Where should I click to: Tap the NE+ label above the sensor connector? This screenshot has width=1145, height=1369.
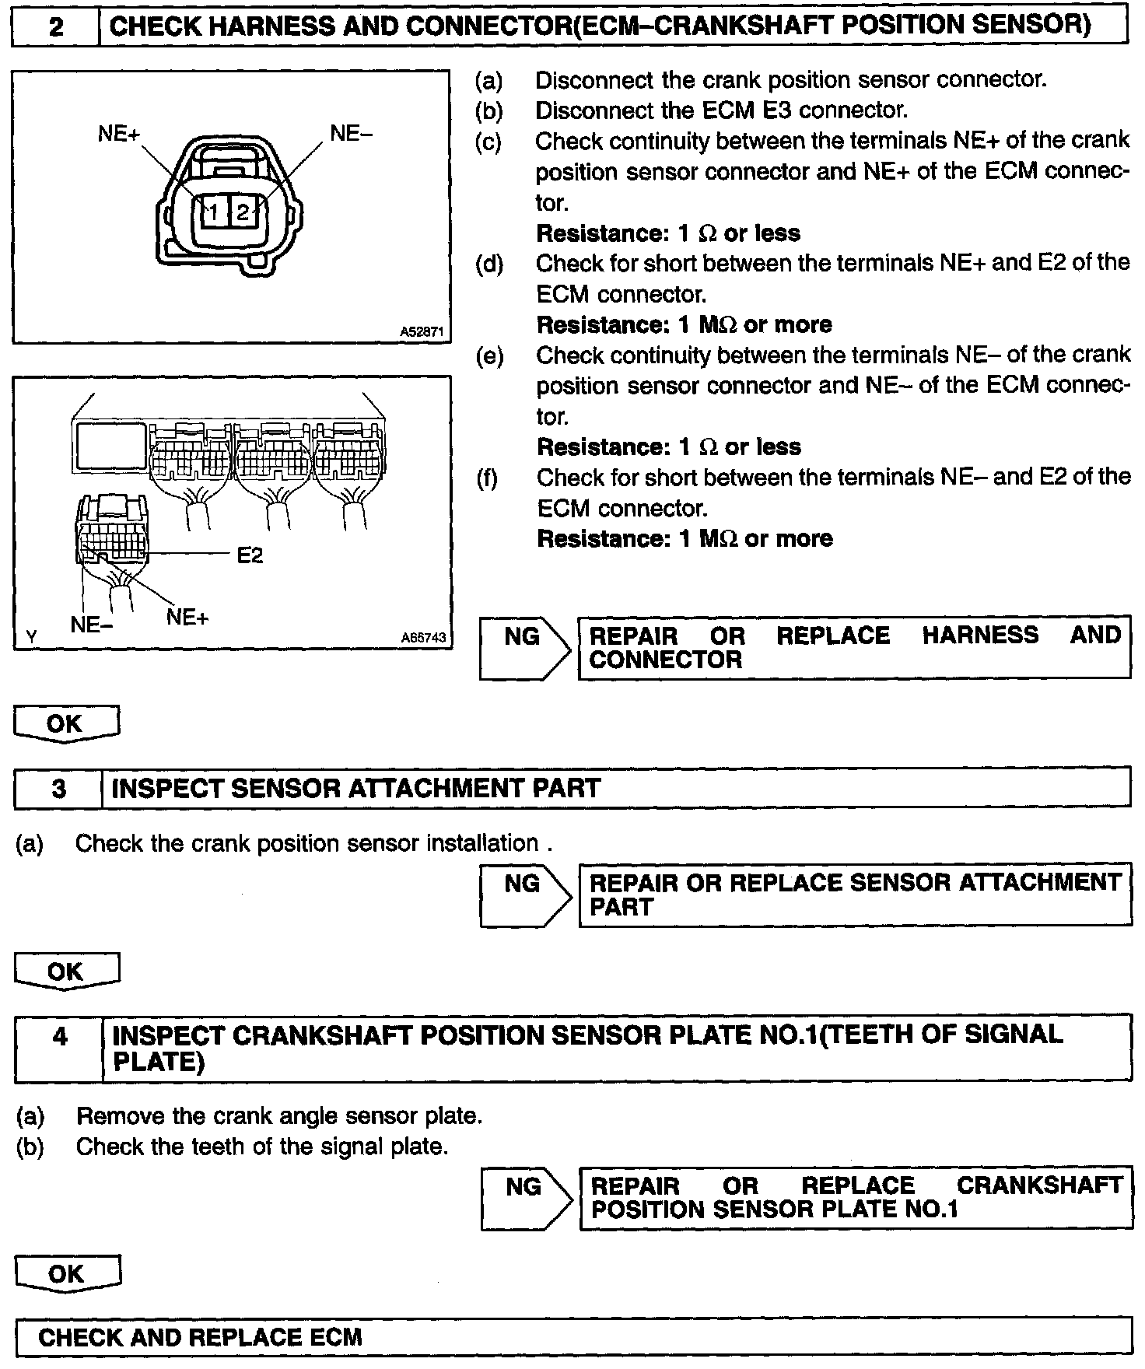(x=119, y=134)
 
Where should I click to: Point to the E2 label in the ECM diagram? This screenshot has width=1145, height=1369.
(x=250, y=555)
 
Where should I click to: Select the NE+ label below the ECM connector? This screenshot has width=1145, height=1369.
(x=187, y=618)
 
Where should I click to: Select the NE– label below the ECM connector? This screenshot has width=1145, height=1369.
(x=92, y=625)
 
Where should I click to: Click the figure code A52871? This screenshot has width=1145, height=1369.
(x=422, y=332)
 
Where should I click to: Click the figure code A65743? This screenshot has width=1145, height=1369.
(x=423, y=638)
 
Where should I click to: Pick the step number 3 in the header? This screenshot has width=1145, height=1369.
(x=59, y=789)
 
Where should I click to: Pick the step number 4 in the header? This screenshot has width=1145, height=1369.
(x=60, y=1036)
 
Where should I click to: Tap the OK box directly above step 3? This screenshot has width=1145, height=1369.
(x=65, y=724)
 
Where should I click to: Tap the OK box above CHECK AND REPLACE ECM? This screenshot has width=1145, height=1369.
(x=67, y=1274)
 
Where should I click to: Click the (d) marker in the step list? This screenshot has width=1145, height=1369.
(x=489, y=264)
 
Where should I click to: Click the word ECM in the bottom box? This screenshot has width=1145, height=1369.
(x=336, y=1338)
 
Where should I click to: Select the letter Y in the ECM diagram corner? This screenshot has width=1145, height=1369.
(x=32, y=637)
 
